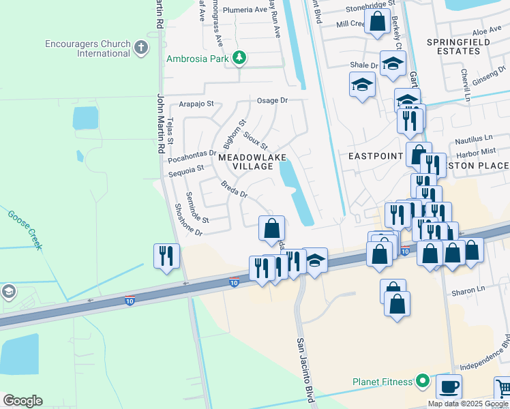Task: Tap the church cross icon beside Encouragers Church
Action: tap(141, 47)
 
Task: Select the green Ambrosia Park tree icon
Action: tap(239, 58)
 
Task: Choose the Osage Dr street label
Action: tap(273, 100)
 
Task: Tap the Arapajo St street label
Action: tap(196, 104)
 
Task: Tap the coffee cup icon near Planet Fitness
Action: tap(448, 387)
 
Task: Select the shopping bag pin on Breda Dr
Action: tap(271, 228)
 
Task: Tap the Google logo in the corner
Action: tap(22, 401)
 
